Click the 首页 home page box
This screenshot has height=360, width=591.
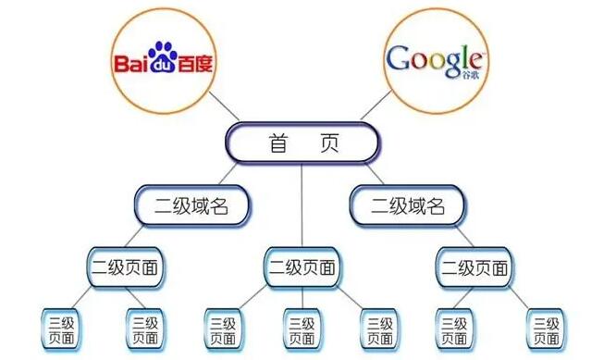coord(302,143)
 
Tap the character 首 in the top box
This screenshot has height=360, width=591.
coord(277,143)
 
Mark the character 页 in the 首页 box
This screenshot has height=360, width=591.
coord(328,143)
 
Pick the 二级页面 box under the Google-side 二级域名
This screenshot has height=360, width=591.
coord(473,267)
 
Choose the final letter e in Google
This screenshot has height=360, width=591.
coord(478,60)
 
